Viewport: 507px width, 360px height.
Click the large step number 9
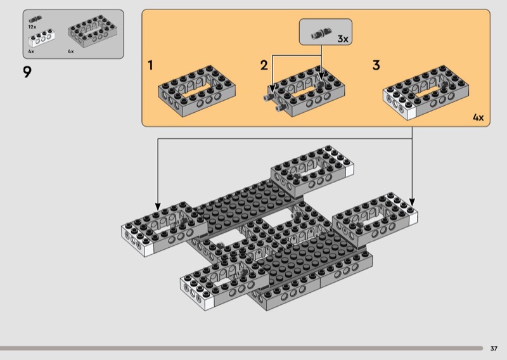point(27,72)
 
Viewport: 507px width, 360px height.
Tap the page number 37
point(494,349)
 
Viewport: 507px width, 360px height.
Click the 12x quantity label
point(32,27)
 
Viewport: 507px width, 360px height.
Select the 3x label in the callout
point(343,39)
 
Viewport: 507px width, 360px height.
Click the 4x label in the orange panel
point(478,117)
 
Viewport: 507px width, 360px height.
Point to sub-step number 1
point(150,65)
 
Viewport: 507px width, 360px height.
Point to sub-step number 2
point(264,65)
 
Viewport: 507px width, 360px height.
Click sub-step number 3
point(376,65)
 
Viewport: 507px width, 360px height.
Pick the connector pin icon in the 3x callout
point(321,34)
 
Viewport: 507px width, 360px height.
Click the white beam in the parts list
point(41,38)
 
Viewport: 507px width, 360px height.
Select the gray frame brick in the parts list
point(93,31)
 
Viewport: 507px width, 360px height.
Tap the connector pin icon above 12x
point(35,20)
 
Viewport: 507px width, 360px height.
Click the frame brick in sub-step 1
point(196,91)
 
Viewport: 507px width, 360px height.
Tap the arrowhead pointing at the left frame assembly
point(158,207)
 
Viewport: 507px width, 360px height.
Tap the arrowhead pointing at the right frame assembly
point(412,202)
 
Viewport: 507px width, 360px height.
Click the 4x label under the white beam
point(31,51)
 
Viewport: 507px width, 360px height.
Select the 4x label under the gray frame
point(71,51)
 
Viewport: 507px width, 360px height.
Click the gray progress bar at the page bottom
point(241,349)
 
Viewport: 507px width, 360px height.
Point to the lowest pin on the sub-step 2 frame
point(280,108)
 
